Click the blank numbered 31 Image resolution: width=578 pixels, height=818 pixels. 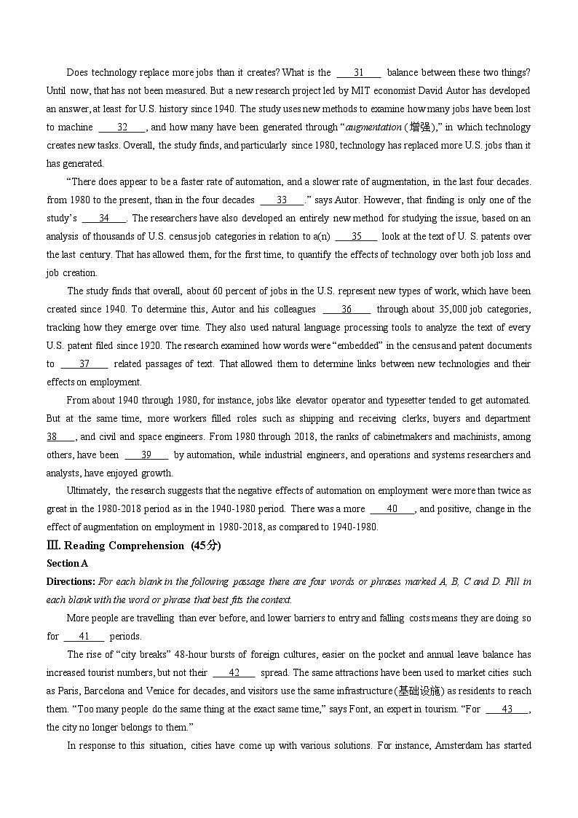click(358, 73)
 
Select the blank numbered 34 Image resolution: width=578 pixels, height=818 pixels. click(104, 218)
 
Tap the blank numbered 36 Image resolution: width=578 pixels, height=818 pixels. click(347, 309)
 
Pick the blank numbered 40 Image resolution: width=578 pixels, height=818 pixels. click(392, 509)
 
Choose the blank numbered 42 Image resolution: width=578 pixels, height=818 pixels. click(234, 672)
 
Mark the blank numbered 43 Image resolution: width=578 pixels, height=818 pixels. click(507, 709)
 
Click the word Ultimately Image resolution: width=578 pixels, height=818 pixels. click(88, 491)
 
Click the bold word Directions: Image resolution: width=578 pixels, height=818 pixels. click(71, 581)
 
